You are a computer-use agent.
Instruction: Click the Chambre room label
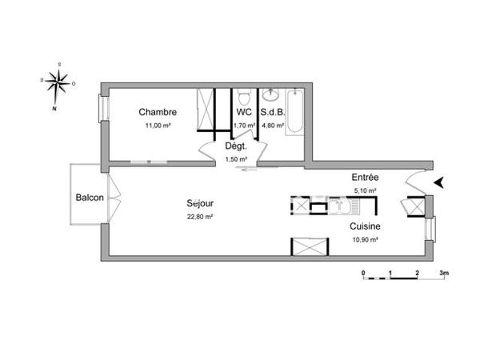coord(157,112)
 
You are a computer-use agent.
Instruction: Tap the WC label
coord(244,112)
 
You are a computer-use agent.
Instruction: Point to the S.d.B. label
coord(272,112)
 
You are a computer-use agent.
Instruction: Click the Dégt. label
coord(235,146)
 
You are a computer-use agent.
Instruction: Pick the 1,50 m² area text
coord(235,159)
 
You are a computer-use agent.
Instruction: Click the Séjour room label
coord(200,202)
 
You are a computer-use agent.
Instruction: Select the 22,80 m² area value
coord(200,216)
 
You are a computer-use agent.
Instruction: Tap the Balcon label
coord(89,198)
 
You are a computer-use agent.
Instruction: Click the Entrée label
coord(365,177)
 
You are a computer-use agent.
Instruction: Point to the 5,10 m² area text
coord(365,190)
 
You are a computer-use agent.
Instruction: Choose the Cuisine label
coord(364,226)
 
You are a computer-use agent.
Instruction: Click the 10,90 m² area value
coord(364,239)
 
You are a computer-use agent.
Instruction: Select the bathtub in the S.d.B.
coord(293,114)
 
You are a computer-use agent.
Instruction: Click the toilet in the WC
coord(244,95)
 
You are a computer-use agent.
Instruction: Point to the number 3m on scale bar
coord(444,273)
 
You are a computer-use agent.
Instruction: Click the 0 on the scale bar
coord(363,273)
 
